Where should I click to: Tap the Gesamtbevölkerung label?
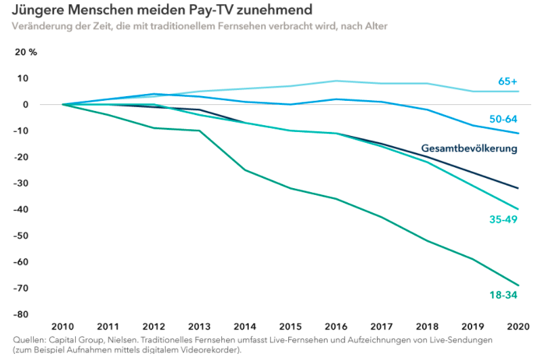(469, 148)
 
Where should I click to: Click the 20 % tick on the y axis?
(26, 52)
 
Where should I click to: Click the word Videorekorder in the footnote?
(206, 350)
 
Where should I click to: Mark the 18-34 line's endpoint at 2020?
(518, 286)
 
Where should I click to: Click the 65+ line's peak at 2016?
(336, 81)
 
